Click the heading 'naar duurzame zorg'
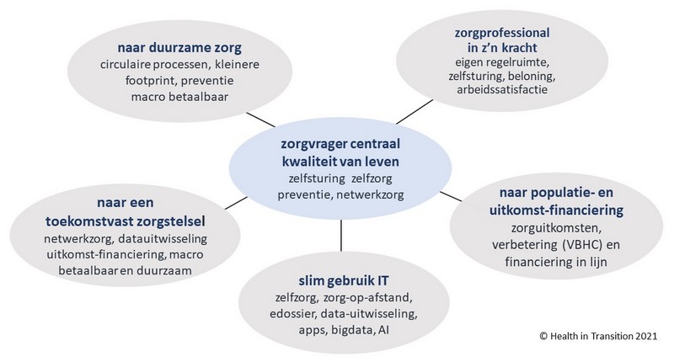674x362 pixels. (x=179, y=47)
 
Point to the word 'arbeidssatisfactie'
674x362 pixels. (x=502, y=90)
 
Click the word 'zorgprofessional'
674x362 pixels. (x=502, y=33)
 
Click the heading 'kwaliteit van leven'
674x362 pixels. (x=340, y=162)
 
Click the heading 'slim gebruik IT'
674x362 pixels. (x=344, y=281)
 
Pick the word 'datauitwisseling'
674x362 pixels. (x=163, y=238)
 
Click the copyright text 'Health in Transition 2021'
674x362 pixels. (x=603, y=336)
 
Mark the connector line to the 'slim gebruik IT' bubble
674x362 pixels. (x=341, y=236)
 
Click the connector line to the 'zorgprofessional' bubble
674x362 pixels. (x=415, y=112)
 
